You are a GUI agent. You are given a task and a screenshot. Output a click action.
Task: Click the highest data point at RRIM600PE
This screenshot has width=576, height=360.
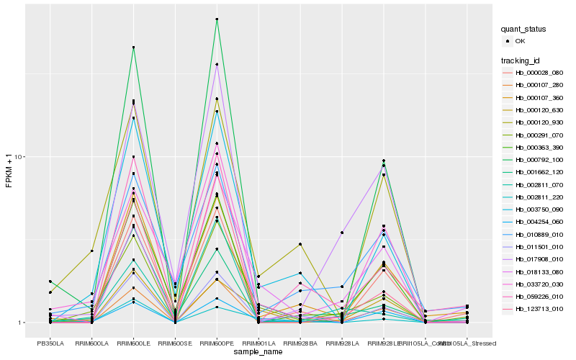tap(217, 19)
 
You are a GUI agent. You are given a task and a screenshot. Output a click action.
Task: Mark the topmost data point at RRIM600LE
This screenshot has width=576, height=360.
tap(133, 48)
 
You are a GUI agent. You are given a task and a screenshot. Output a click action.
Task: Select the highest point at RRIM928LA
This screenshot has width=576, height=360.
tap(342, 233)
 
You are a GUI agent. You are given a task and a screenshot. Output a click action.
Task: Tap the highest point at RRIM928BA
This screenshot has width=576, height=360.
tap(300, 244)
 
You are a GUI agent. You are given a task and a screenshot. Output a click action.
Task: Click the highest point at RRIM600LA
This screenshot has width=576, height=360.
tap(92, 251)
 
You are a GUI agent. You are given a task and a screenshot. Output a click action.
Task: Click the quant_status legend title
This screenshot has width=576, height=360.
tap(525, 30)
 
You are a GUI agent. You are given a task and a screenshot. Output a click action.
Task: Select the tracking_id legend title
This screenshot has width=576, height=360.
tap(523, 60)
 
